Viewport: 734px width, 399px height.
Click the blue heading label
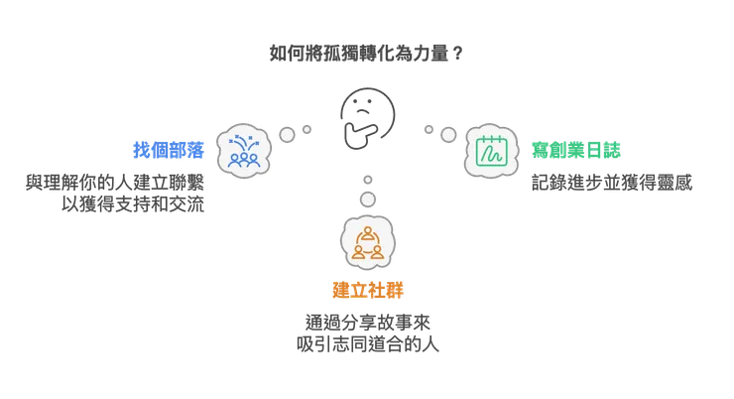pyautogui.click(x=169, y=152)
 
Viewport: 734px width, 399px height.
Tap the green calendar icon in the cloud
pyautogui.click(x=491, y=151)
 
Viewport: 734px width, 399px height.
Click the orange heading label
pyautogui.click(x=368, y=289)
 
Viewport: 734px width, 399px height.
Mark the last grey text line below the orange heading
pyautogui.click(x=368, y=347)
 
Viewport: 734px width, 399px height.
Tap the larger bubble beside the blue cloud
pyautogui.click(x=289, y=133)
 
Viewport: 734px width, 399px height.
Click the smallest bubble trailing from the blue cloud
pyautogui.click(x=308, y=127)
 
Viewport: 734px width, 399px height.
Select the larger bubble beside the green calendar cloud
pyautogui.click(x=447, y=134)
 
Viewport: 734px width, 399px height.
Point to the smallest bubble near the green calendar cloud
pyautogui.click(x=428, y=128)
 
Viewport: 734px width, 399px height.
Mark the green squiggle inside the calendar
pyautogui.click(x=490, y=155)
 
